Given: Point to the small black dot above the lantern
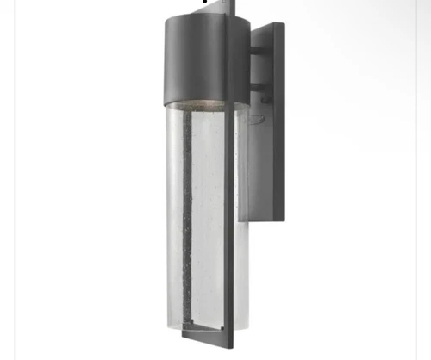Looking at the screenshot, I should pos(204,2).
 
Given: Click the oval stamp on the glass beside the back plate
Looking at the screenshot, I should pos(254,118).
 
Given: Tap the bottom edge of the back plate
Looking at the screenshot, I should pos(267,220).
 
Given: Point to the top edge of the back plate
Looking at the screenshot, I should pos(267,25).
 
